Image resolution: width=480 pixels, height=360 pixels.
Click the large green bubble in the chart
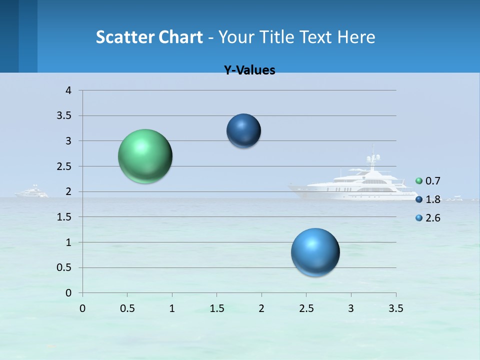click(145, 156)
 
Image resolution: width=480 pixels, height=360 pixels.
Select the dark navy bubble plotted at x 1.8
click(243, 131)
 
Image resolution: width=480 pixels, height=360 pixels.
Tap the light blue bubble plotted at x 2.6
click(315, 252)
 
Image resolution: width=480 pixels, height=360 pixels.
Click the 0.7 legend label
click(432, 181)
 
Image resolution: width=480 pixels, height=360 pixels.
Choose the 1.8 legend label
click(432, 199)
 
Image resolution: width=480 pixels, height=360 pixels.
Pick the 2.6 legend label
click(432, 218)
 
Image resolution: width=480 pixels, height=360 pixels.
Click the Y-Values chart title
click(249, 70)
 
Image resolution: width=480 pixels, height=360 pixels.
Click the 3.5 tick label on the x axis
click(395, 308)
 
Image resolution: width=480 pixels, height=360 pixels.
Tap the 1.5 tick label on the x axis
click(216, 308)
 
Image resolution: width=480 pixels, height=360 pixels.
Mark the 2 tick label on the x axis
click(261, 308)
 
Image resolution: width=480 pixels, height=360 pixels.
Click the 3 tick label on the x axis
click(351, 308)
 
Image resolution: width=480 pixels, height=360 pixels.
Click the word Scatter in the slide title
click(124, 36)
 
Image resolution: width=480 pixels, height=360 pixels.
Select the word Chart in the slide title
click(180, 36)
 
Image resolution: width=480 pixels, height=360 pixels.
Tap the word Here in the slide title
click(356, 36)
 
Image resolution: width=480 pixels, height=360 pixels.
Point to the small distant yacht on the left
click(32, 192)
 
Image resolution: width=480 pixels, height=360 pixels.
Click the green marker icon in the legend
click(419, 181)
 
